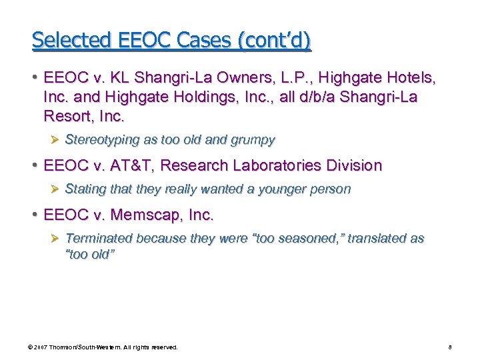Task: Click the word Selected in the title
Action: pos(65,41)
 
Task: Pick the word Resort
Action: pos(67,117)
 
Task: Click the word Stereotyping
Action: pos(102,140)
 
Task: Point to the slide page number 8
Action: pos(451,347)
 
